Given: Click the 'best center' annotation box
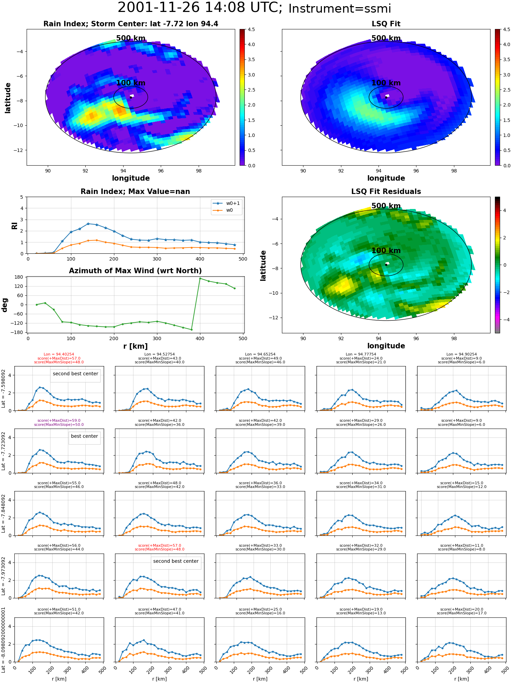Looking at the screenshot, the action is [x=84, y=436].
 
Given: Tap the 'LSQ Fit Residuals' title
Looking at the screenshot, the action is [x=386, y=192].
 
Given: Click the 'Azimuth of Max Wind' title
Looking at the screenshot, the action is [x=135, y=271].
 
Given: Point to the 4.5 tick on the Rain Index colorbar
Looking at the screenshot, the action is [x=251, y=30].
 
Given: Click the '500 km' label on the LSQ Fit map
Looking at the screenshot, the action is [x=386, y=38].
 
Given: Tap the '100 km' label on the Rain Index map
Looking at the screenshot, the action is [x=131, y=83].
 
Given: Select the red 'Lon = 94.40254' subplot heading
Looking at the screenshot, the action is [x=59, y=354].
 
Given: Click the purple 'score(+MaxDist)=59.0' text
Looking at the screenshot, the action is [x=59, y=421].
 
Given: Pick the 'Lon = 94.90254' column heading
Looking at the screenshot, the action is [x=461, y=354].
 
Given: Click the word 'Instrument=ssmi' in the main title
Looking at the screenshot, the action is [x=340, y=9].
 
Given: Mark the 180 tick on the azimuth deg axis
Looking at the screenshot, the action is [x=19, y=277].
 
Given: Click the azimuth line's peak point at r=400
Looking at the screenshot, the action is [x=200, y=278].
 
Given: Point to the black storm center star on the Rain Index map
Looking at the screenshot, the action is [x=131, y=97].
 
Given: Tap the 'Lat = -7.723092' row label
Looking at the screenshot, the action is [x=3, y=451].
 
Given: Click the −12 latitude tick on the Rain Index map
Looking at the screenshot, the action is [x=18, y=150].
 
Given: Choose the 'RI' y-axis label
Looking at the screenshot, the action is [x=14, y=226].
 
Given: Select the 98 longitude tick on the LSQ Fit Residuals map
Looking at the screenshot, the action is [x=454, y=338].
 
